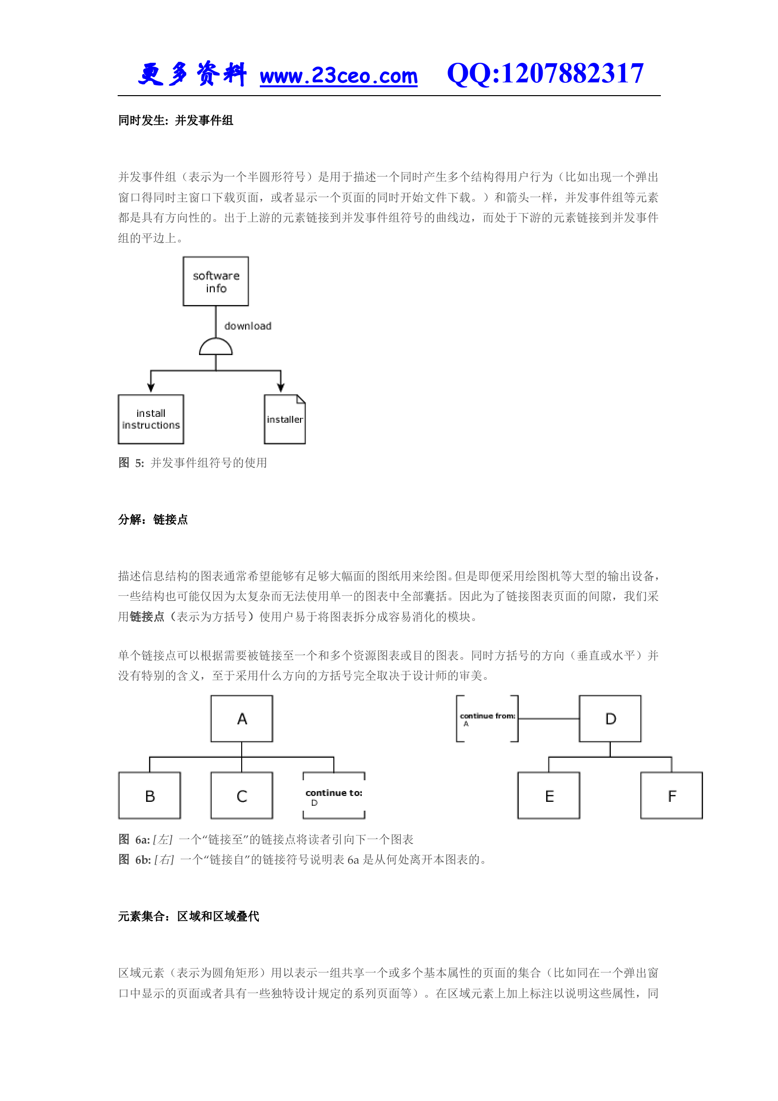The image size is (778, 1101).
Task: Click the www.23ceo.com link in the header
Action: [338, 76]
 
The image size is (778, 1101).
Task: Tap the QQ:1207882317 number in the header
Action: [545, 74]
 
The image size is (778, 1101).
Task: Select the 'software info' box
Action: [216, 282]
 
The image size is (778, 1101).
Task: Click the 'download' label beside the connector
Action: [248, 326]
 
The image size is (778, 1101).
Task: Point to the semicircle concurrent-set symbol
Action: [216, 347]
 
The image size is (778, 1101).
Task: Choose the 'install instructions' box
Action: [151, 419]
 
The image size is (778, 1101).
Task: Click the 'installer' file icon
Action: [285, 419]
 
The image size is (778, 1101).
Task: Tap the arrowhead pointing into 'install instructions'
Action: [151, 387]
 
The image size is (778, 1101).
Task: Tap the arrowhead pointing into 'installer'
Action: [281, 387]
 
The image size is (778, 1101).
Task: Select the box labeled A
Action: [242, 718]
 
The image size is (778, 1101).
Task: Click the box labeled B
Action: [150, 795]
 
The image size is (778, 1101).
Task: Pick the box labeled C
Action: [242, 795]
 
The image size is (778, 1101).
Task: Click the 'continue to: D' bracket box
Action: [334, 795]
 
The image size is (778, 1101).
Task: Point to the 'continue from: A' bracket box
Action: [487, 718]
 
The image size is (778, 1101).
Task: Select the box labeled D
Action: [610, 718]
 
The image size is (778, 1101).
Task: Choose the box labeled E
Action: [549, 795]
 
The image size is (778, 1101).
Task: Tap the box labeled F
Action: [672, 795]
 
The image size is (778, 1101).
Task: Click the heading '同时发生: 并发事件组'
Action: [176, 121]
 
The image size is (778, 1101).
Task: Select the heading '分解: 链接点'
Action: [153, 520]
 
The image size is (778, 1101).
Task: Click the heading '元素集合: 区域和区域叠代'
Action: [188, 917]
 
